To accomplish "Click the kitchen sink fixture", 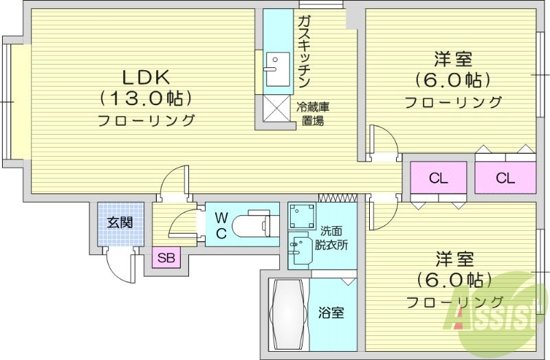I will [278, 69].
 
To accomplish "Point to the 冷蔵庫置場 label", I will [313, 114].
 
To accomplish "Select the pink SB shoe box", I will [166, 258].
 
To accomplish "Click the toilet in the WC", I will [250, 224].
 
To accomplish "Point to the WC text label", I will [221, 225].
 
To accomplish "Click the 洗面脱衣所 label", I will [331, 238].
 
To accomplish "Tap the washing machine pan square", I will [301, 216].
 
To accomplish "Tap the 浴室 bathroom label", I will [331, 313].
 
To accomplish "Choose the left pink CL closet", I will [439, 179].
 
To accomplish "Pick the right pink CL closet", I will [505, 179].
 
